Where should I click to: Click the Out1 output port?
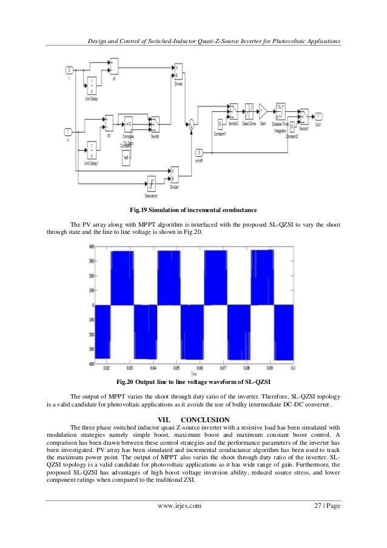(x=318, y=114)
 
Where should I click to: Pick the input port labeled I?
(x=69, y=69)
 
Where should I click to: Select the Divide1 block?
(x=175, y=173)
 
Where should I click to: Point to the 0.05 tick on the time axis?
(x=176, y=368)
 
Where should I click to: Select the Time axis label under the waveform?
(x=193, y=373)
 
